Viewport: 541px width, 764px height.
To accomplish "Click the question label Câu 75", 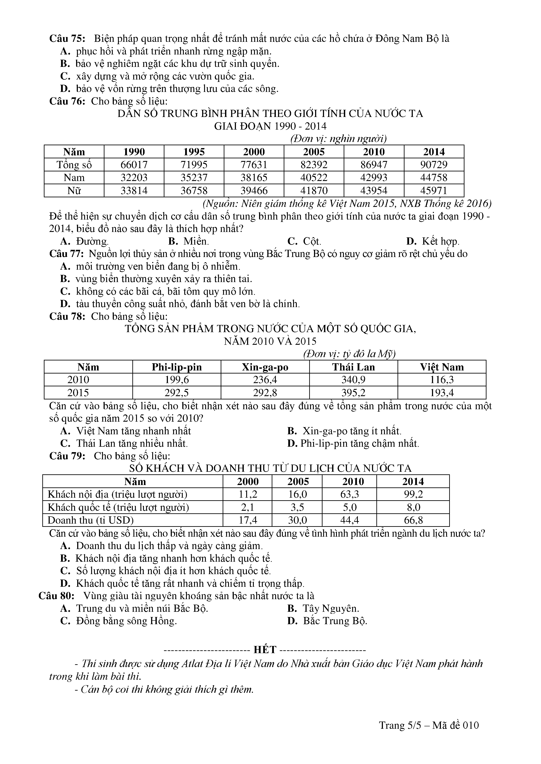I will [x=67, y=39].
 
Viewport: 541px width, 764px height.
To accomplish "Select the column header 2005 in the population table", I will [x=314, y=152].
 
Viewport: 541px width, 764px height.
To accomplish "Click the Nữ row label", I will [x=74, y=191].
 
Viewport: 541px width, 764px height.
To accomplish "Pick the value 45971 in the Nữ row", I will [x=434, y=191].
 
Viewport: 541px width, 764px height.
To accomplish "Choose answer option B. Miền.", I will [x=189, y=241].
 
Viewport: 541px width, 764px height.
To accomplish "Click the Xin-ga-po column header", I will [x=265, y=367].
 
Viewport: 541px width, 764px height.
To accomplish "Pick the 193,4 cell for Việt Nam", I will [x=442, y=393].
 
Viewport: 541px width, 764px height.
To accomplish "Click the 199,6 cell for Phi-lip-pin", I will [x=177, y=380].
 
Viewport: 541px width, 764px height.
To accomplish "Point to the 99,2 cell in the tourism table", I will [x=413, y=494].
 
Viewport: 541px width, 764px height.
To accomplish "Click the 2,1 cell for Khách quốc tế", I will [x=247, y=507].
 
